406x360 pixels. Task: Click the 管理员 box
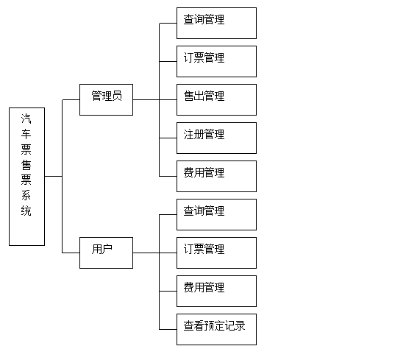[x=106, y=99]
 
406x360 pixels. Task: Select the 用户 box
[x=106, y=253]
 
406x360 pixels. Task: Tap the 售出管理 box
[x=216, y=99]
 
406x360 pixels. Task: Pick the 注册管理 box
[x=216, y=138]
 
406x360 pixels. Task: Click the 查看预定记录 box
[x=216, y=329]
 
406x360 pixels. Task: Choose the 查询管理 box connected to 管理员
[x=216, y=23]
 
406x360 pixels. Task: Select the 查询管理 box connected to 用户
[x=216, y=214]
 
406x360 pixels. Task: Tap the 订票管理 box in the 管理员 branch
[x=216, y=61]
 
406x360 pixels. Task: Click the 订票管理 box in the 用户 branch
[x=216, y=253]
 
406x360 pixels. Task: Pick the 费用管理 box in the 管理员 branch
[x=216, y=176]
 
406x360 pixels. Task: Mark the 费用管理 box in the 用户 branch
[x=216, y=291]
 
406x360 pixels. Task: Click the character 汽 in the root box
[x=26, y=119]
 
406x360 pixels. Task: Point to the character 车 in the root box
[x=26, y=134]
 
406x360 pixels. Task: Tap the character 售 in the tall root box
[x=26, y=165]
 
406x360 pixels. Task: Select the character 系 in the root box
[x=26, y=195]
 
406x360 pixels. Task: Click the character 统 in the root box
[x=26, y=211]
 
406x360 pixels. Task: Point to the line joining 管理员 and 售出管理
[x=155, y=99]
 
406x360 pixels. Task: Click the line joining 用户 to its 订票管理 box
[x=155, y=253]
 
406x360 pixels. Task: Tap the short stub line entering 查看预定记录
[x=168, y=329]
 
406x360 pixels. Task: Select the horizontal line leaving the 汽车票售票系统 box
[x=54, y=176]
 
